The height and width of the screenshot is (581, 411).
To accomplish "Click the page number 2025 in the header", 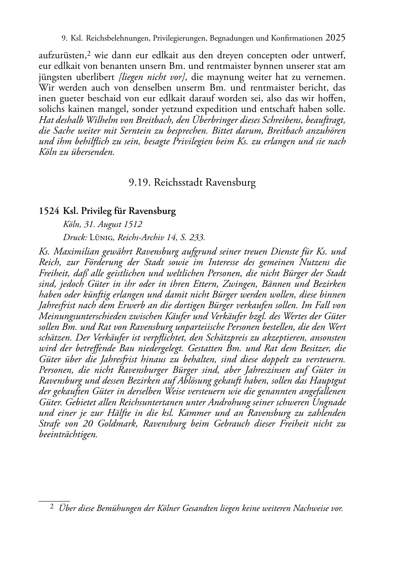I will pos(335,38).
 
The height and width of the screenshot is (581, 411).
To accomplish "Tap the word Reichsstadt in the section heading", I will pos(178,182).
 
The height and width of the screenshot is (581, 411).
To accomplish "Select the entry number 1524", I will pos(49,211).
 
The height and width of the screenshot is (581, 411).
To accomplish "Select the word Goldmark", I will pos(118,424).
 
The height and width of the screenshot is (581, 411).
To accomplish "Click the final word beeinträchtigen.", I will pos(68,434).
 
